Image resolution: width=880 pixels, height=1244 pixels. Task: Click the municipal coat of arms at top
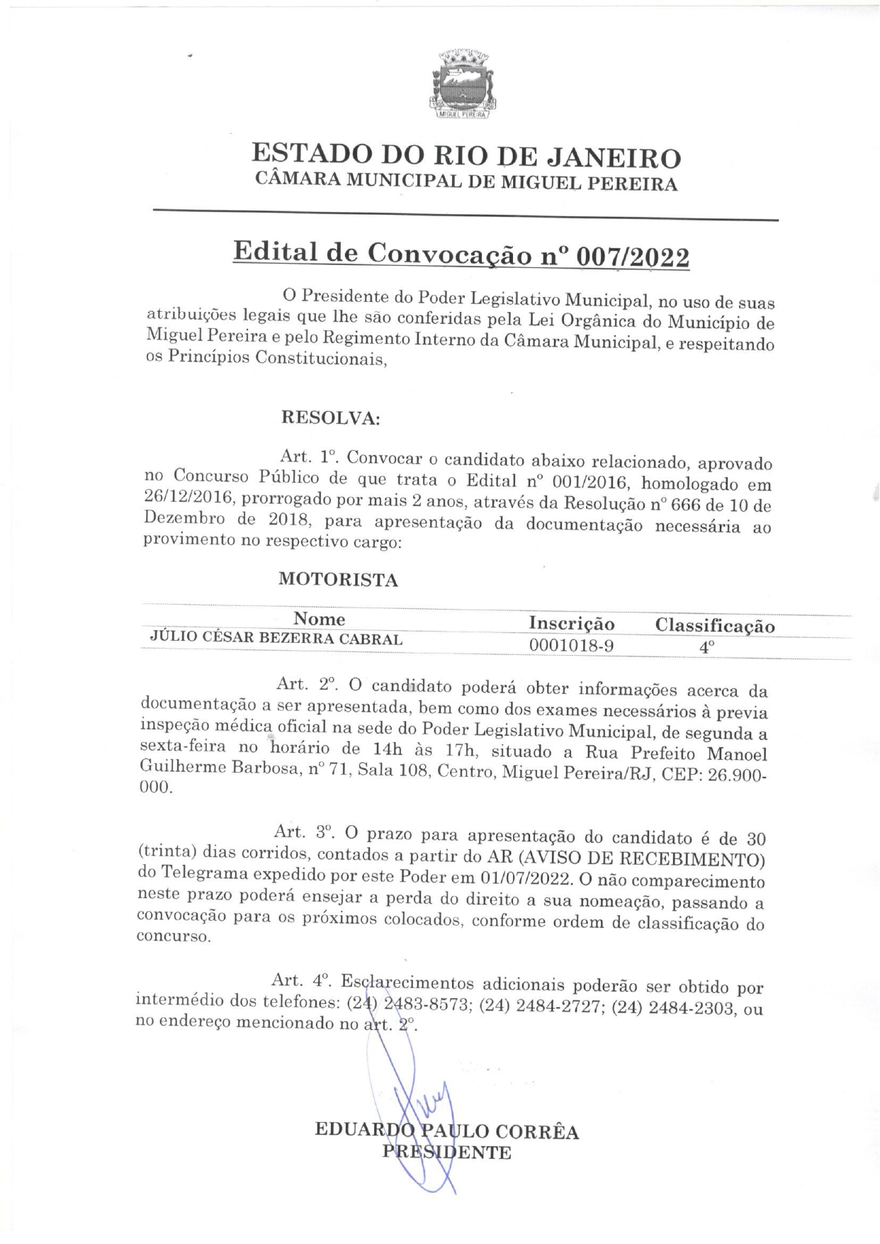[461, 84]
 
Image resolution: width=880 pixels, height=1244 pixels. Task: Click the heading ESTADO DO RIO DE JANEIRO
[466, 155]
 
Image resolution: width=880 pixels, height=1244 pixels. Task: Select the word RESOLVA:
[331, 418]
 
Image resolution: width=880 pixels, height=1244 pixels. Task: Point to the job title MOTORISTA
[338, 579]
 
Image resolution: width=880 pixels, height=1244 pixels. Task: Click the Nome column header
[319, 619]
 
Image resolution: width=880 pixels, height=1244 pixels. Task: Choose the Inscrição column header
[572, 624]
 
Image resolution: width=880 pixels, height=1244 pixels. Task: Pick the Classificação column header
[714, 626]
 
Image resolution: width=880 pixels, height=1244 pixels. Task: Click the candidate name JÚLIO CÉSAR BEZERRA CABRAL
[276, 638]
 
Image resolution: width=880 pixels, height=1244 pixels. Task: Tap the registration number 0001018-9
[571, 645]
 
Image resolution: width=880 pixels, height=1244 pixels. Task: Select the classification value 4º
[706, 647]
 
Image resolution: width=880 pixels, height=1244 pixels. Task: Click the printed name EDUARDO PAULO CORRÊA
[446, 1131]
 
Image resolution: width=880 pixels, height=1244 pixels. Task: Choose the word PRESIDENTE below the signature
[446, 1153]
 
